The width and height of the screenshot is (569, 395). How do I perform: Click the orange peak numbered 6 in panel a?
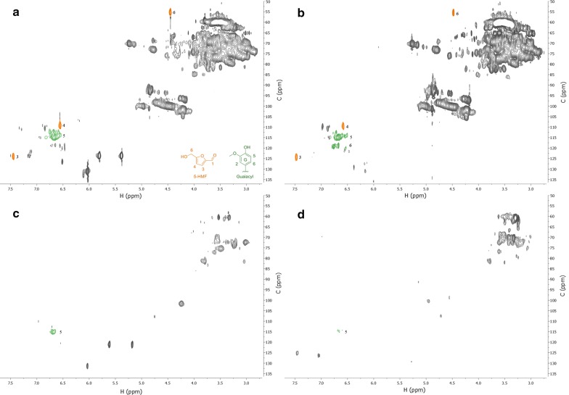[x=171, y=12]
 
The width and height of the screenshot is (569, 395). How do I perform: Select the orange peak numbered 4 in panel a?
[x=60, y=125]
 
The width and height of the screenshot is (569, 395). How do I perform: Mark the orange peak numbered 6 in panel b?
[x=454, y=12]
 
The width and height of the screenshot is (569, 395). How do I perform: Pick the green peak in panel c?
[x=53, y=331]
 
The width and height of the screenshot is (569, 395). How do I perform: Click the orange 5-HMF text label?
[x=192, y=174]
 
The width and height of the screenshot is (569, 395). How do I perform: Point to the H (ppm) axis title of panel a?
[x=129, y=195]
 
